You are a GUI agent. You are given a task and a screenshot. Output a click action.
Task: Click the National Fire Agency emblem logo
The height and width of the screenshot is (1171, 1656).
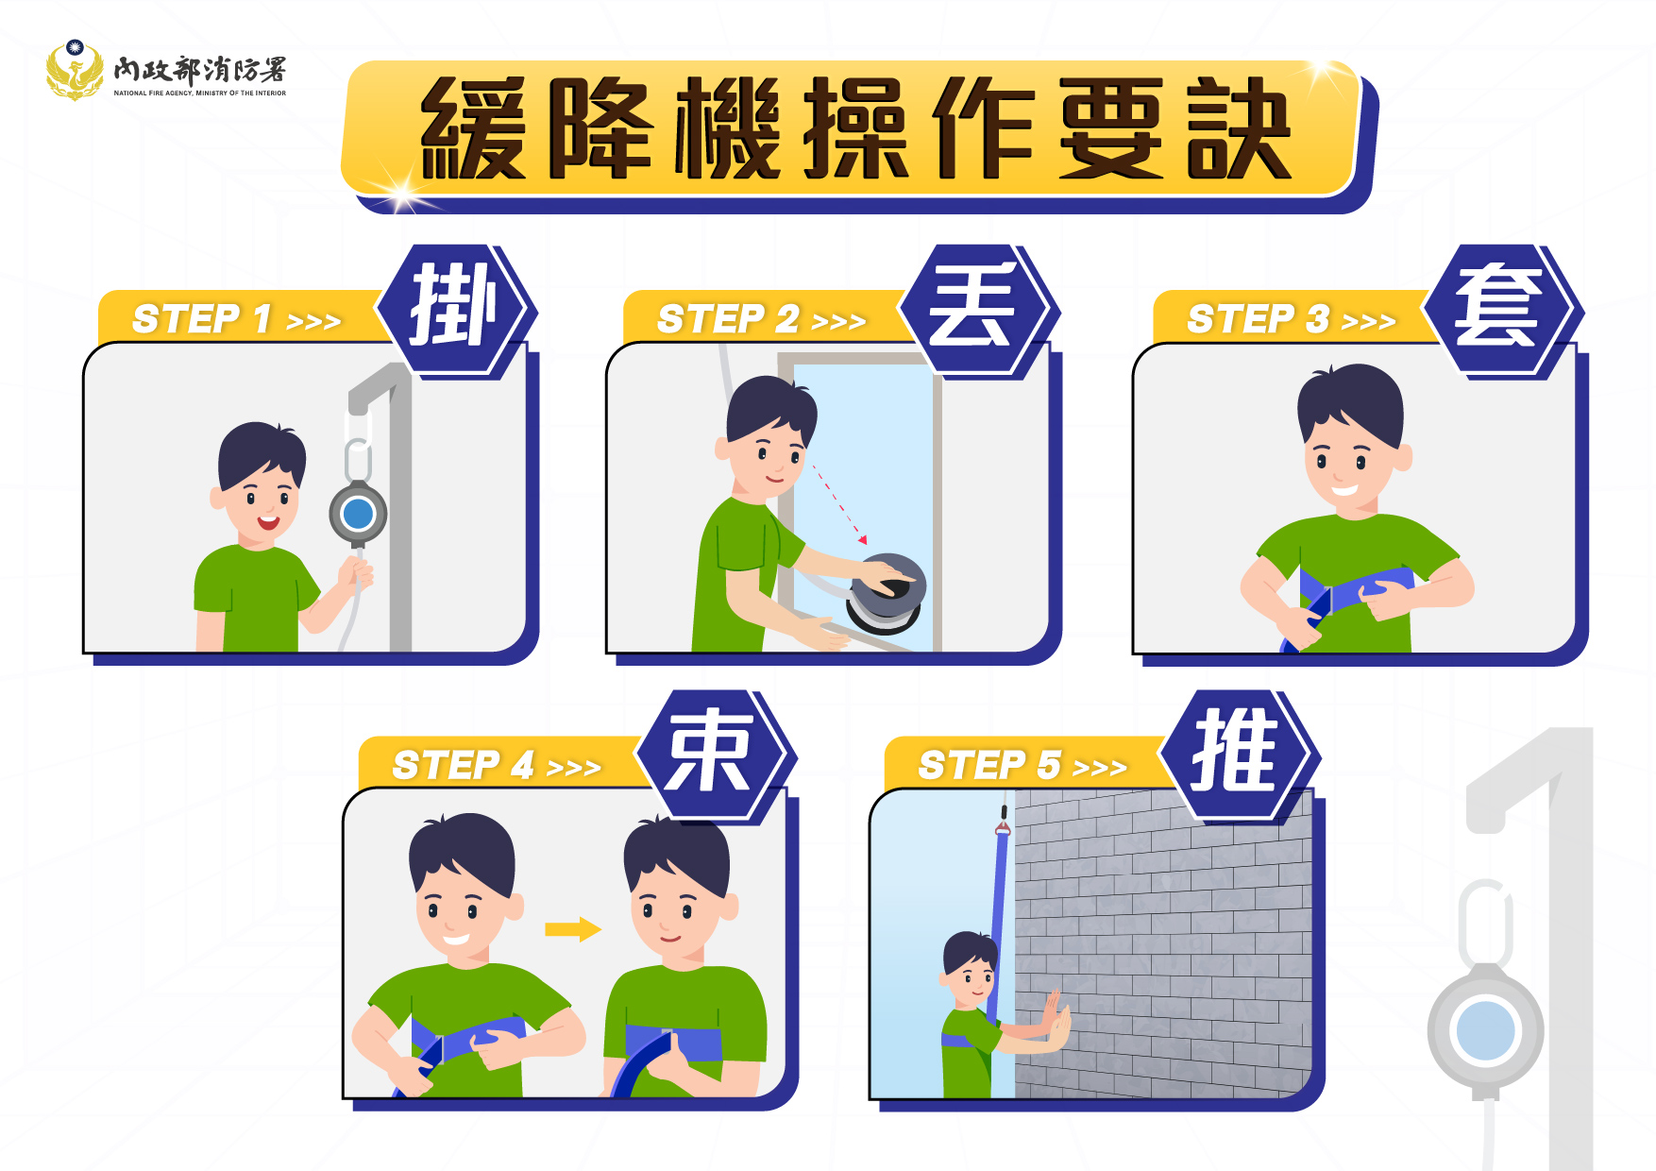coord(75,70)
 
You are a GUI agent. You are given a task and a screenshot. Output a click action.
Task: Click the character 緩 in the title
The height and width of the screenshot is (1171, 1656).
coord(473,128)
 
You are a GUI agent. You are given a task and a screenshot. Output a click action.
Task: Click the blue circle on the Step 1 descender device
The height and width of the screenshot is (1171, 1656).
coord(358,514)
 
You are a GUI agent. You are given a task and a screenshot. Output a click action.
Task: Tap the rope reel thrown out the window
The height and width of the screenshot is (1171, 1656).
coord(885,593)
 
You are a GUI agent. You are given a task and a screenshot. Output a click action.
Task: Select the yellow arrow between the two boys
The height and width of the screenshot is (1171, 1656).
coord(573,929)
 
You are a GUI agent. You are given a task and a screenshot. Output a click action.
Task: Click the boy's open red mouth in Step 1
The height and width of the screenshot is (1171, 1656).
coord(268,521)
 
